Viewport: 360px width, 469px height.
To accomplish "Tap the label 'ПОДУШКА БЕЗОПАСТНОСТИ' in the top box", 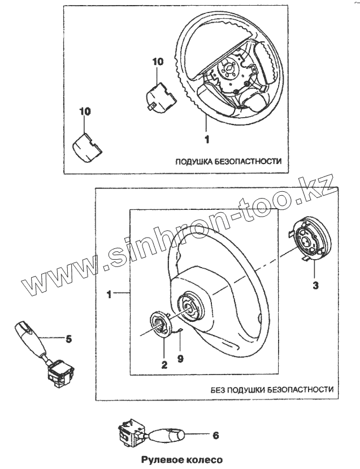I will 228,161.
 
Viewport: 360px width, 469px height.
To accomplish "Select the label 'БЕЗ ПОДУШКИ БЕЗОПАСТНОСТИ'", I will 272,390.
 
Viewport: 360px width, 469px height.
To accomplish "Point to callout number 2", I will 164,365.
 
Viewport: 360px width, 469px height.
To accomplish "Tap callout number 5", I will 68,339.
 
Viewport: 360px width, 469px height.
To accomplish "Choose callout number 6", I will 215,435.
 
